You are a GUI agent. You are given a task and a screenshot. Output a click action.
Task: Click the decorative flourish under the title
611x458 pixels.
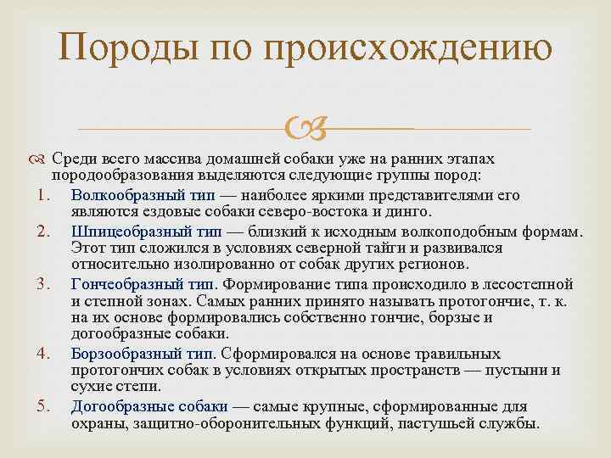(305, 129)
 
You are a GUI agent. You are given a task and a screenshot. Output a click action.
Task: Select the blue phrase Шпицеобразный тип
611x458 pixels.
(146, 231)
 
